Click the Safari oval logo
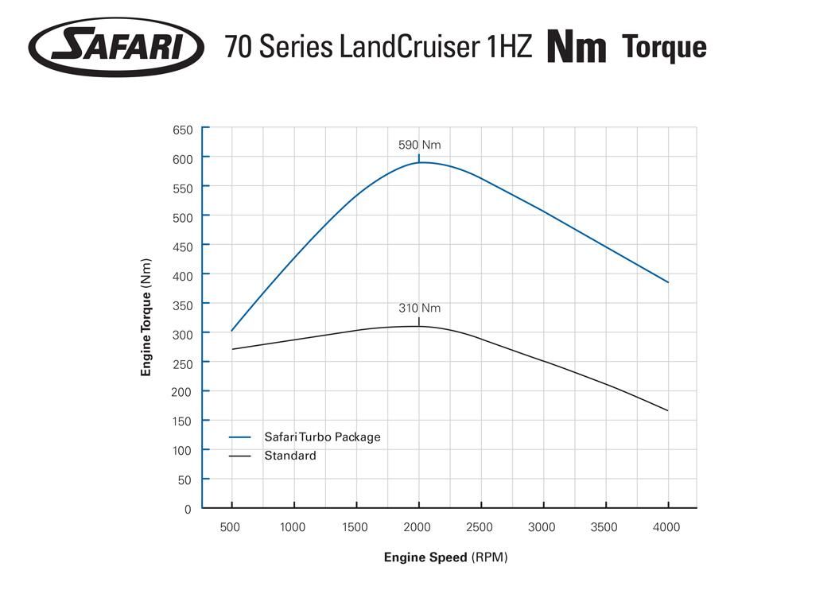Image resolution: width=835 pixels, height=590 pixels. (x=116, y=46)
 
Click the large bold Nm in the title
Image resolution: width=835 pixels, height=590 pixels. (x=577, y=47)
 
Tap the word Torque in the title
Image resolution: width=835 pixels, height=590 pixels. (x=664, y=47)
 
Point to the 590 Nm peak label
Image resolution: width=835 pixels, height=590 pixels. (x=419, y=145)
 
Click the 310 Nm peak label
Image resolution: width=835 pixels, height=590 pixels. (x=419, y=308)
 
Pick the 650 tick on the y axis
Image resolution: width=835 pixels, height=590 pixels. (x=182, y=130)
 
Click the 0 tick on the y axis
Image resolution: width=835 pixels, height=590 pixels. (x=188, y=509)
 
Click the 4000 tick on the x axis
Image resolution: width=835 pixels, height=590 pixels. (x=666, y=527)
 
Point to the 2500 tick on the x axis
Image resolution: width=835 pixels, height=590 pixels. (x=480, y=527)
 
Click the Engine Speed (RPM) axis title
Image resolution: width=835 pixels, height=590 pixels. (x=445, y=557)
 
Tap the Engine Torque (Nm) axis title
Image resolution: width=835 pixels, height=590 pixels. (x=146, y=317)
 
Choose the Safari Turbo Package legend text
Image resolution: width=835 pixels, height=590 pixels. (x=322, y=437)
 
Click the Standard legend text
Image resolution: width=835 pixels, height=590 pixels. (x=290, y=456)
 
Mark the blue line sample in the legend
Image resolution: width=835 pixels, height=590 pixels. (x=239, y=437)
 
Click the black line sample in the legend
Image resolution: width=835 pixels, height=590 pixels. (x=239, y=456)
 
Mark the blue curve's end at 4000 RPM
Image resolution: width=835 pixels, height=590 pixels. (x=668, y=282)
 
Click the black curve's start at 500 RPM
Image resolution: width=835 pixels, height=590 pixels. (x=232, y=349)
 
